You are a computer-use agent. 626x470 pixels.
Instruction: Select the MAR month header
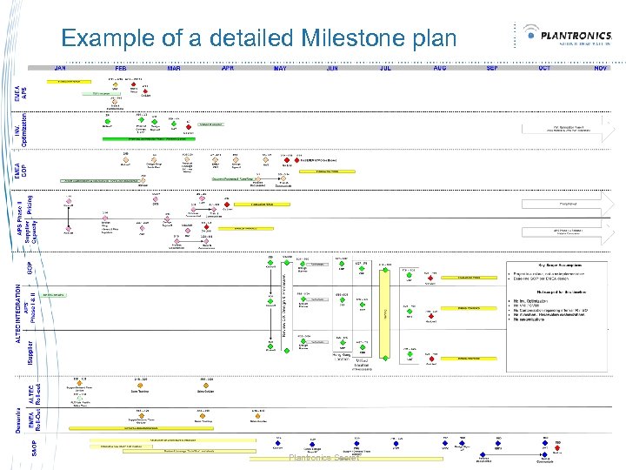pyautogui.click(x=174, y=67)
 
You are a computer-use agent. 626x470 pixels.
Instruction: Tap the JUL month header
pyautogui.click(x=385, y=67)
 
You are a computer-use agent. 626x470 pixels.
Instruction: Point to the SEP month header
pyautogui.click(x=491, y=67)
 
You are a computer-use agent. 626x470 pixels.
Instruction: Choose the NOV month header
pyautogui.click(x=599, y=67)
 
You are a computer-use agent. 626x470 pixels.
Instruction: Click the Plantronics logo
pyautogui.click(x=569, y=37)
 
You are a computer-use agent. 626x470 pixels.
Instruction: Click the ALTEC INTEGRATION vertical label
pyautogui.click(x=19, y=309)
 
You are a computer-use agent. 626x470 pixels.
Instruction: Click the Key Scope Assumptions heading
pyautogui.click(x=557, y=263)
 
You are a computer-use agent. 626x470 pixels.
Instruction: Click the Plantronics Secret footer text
pyautogui.click(x=324, y=458)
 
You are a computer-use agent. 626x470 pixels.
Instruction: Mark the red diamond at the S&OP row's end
pyautogui.click(x=557, y=445)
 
